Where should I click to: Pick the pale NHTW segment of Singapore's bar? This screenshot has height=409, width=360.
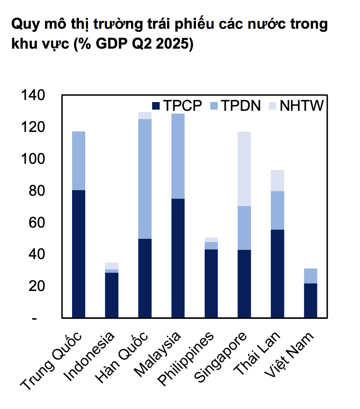244,169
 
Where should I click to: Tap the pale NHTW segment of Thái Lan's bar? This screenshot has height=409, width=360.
277,181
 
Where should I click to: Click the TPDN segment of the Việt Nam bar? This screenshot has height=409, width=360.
310,276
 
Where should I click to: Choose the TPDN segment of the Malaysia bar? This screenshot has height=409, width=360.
178,156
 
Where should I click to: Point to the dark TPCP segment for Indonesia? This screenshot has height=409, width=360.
112,295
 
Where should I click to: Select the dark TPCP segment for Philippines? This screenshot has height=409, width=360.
211,283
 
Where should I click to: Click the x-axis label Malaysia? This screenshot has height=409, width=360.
158,353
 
